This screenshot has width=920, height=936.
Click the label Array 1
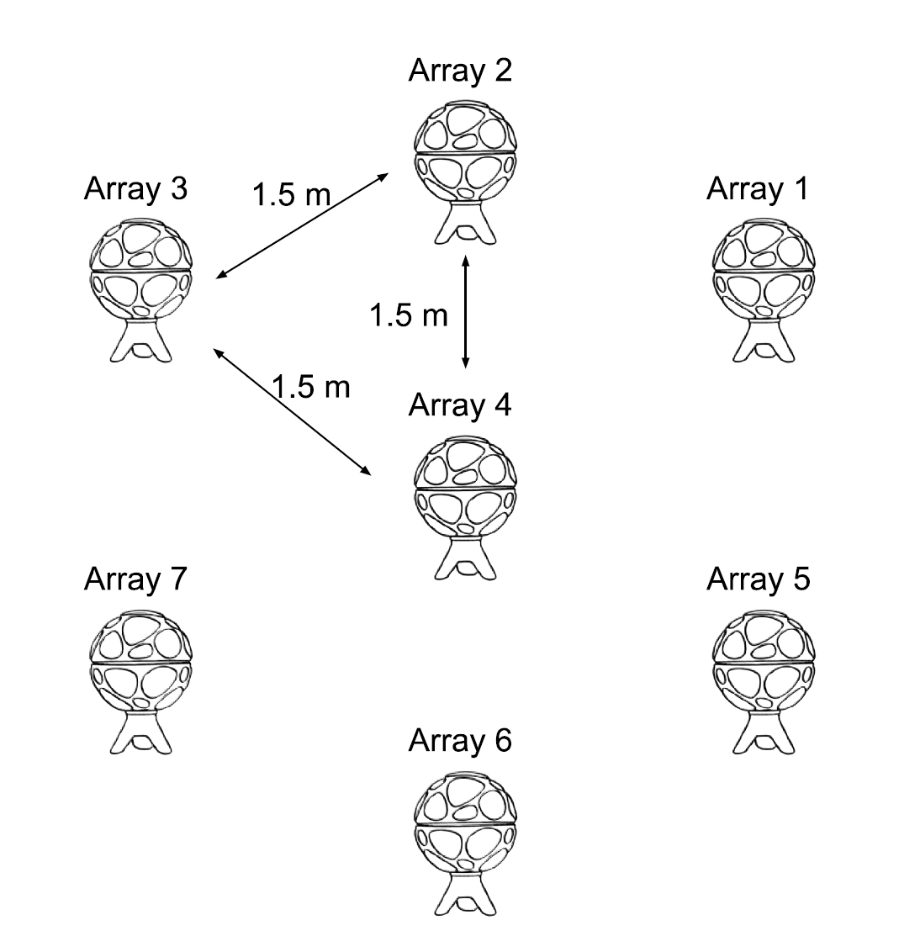[x=757, y=189]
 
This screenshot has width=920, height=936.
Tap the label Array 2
[x=459, y=71]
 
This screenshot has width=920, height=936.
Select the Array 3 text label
[x=135, y=189]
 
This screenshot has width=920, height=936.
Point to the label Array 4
[x=459, y=405]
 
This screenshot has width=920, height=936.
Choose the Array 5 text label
[x=758, y=579]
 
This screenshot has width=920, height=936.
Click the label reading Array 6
[x=459, y=741]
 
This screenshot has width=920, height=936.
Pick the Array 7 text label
[x=135, y=579]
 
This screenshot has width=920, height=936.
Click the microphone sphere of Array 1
[x=763, y=268]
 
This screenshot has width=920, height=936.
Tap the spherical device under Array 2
[x=466, y=151]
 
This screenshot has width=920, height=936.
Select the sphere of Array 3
[x=140, y=268]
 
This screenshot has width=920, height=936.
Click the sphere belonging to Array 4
[x=466, y=487]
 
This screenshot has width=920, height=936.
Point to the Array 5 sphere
[x=763, y=658]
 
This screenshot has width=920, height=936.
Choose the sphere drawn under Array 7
[x=140, y=658]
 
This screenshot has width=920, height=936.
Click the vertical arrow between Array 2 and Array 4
[x=465, y=313]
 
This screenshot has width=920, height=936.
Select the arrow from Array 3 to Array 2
[x=302, y=225]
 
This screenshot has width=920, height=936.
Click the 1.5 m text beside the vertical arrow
[x=409, y=315]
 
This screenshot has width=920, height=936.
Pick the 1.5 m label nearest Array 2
[x=292, y=195]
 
